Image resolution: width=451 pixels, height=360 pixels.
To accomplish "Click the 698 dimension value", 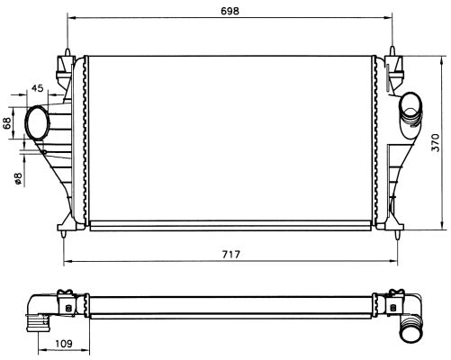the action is coord(230,11).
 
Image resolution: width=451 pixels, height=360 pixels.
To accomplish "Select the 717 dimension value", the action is coord(231,255).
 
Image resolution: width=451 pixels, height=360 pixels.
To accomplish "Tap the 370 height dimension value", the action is coord(436,142).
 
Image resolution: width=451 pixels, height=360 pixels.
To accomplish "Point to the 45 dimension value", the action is coord(38,88).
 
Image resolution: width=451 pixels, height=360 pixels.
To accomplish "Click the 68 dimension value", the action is coord(7,123).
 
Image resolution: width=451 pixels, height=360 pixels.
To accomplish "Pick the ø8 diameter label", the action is coord(18,178).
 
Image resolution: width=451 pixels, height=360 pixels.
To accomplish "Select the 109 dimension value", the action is coord(64,343).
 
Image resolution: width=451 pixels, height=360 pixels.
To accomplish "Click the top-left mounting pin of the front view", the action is coord(68,51).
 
